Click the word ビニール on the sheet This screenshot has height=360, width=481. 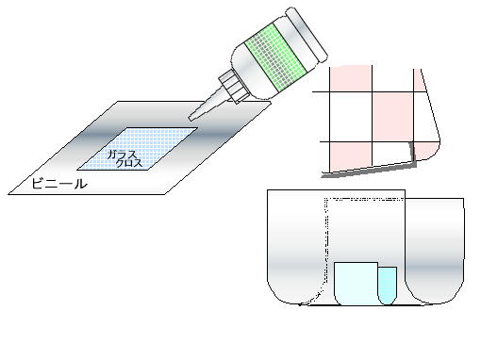(x=59, y=184)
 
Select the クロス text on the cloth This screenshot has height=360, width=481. (x=129, y=163)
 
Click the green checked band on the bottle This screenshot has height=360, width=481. (x=275, y=57)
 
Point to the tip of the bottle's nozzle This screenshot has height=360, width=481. (x=191, y=118)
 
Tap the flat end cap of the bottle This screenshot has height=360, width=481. (x=307, y=35)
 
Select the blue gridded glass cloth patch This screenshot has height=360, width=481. (x=138, y=149)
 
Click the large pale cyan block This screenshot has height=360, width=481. (x=356, y=284)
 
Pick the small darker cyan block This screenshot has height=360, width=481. (x=388, y=286)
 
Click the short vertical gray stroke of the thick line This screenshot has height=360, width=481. (x=412, y=153)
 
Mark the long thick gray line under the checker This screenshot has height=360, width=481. (x=369, y=171)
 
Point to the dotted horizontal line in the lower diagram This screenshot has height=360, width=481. (x=365, y=199)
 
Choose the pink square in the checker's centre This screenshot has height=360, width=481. (x=392, y=117)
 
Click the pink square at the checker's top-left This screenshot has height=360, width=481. (x=351, y=78)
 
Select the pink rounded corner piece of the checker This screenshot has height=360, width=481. (x=426, y=151)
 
